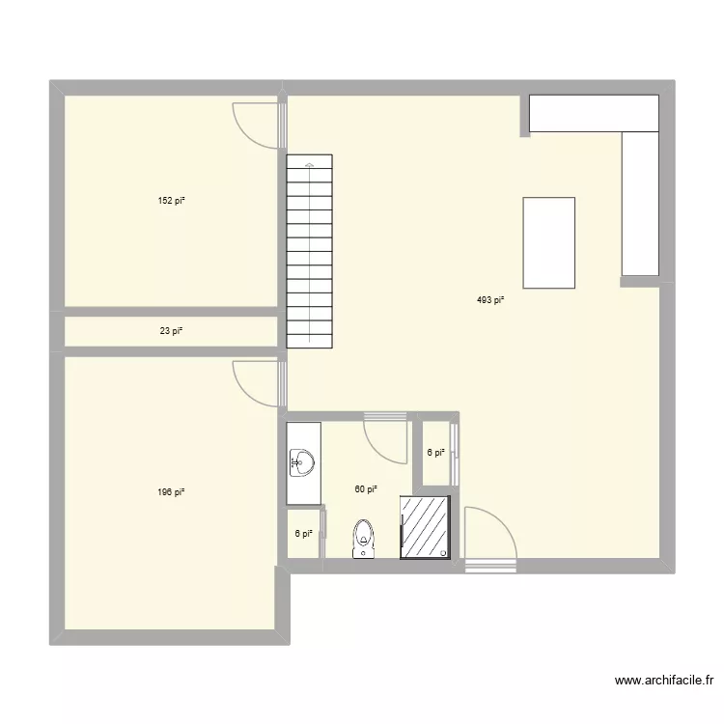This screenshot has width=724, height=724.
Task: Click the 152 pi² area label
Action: coord(171,201)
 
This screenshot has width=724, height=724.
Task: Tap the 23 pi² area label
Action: coord(171,331)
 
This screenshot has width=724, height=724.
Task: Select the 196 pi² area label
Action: coord(171,492)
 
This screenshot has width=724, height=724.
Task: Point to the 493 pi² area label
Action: coord(490,300)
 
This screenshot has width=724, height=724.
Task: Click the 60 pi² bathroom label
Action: coord(365,489)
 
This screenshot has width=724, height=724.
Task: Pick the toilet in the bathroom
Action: coord(364,539)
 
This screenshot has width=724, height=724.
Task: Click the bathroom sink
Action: coord(302,463)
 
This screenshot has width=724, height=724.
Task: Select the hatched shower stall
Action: coord(426,527)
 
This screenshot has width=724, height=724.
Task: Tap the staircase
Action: coord(309,251)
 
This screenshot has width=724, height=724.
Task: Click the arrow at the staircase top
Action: coord(309,166)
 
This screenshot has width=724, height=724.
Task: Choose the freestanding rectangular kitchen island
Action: coord(548,242)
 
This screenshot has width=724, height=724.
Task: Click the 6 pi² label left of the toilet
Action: coord(304,534)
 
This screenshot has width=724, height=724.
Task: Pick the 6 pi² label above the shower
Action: coord(436,452)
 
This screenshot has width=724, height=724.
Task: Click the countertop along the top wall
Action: coord(593,113)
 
